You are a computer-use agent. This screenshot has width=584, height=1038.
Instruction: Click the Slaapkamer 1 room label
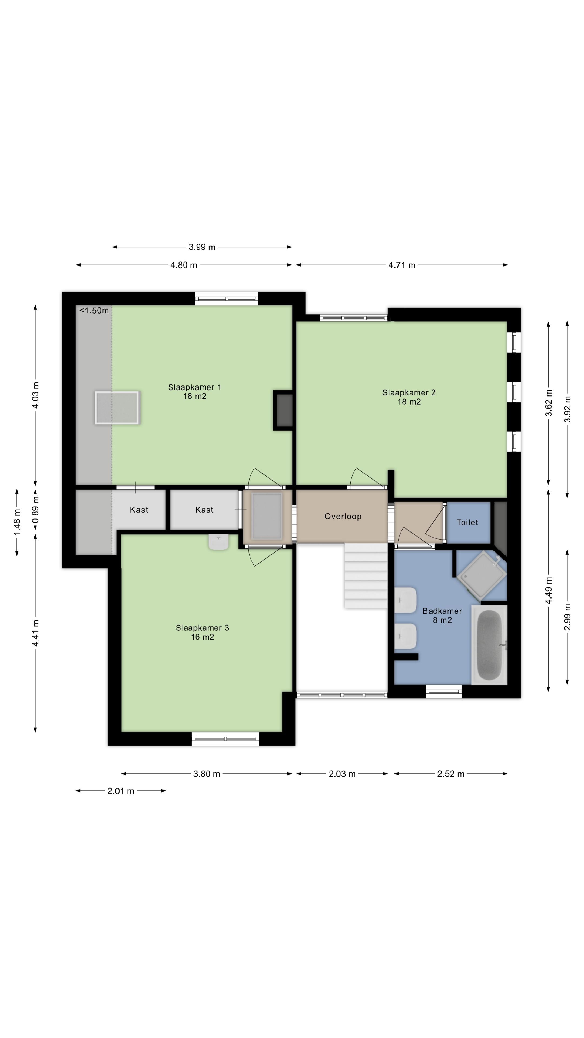pyautogui.click(x=195, y=391)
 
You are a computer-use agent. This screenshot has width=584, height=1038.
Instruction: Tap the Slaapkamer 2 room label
pyautogui.click(x=409, y=397)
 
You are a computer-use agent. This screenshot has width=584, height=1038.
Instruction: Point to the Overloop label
pyautogui.click(x=343, y=516)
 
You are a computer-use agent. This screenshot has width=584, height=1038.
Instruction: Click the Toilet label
pyautogui.click(x=467, y=522)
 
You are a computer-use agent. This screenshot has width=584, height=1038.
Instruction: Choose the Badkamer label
pyautogui.click(x=442, y=615)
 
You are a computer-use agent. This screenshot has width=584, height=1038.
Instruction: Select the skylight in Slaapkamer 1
pyautogui.click(x=117, y=407)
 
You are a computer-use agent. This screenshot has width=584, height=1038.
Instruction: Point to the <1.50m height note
pyautogui.click(x=94, y=311)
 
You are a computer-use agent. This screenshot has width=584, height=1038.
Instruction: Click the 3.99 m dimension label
pyautogui.click(x=202, y=247)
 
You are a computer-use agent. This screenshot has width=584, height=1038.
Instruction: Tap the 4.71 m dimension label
pyautogui.click(x=401, y=265)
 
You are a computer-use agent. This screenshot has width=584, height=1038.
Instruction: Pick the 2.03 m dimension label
pyautogui.click(x=342, y=774)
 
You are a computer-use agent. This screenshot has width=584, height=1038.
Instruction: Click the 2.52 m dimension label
pyautogui.click(x=451, y=774)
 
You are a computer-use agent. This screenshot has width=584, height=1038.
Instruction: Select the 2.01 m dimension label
pyautogui.click(x=121, y=791)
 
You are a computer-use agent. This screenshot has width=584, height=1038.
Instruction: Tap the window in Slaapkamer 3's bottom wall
pyautogui.click(x=225, y=738)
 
